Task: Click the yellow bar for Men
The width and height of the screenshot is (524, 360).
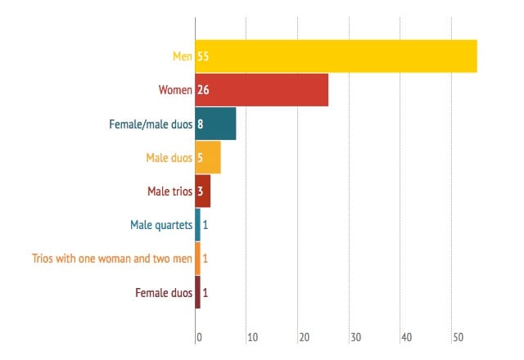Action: (x=336, y=56)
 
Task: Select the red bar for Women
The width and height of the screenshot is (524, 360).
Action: (x=262, y=90)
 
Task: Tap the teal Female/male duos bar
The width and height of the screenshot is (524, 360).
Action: (x=216, y=124)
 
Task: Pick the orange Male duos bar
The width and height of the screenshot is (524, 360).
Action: (x=208, y=157)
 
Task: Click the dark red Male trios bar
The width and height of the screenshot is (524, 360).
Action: (x=203, y=191)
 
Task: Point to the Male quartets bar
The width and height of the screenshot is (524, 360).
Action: (x=197, y=225)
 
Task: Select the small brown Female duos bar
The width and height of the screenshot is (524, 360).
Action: (x=197, y=292)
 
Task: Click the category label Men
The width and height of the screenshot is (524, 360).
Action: (x=182, y=56)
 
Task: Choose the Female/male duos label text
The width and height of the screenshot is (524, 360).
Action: (x=150, y=124)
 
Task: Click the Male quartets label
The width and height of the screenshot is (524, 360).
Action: (x=160, y=225)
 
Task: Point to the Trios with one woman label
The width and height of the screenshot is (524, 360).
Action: (x=111, y=259)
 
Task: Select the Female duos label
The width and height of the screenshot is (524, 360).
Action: (x=163, y=292)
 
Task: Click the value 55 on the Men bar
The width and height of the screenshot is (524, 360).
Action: (x=203, y=56)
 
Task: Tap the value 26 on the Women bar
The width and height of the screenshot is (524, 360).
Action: (x=203, y=90)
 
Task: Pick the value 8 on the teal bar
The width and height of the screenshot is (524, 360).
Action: (x=201, y=124)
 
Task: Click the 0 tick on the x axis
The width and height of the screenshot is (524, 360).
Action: (x=198, y=337)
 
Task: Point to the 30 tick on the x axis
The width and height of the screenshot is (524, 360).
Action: (x=355, y=337)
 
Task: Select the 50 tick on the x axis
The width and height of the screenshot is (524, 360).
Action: (x=458, y=337)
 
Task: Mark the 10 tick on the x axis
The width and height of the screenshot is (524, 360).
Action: (x=251, y=337)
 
